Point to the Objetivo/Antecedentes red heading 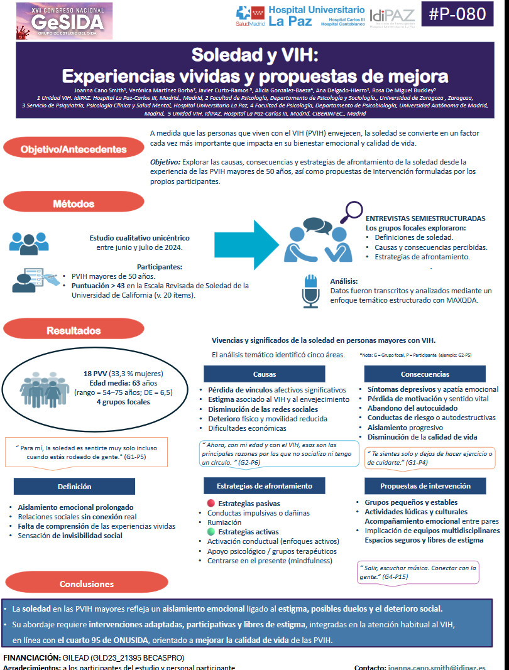(x=73, y=149)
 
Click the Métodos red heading (x=73, y=203)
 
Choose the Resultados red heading (x=73, y=330)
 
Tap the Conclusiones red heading (x=87, y=583)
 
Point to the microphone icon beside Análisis (x=310, y=289)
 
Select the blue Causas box (x=264, y=374)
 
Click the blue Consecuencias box (x=425, y=374)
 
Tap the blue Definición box (x=74, y=486)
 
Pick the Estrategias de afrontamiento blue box (x=264, y=486)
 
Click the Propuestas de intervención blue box (x=425, y=486)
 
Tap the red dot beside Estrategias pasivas (x=211, y=504)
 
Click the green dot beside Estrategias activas (x=211, y=532)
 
